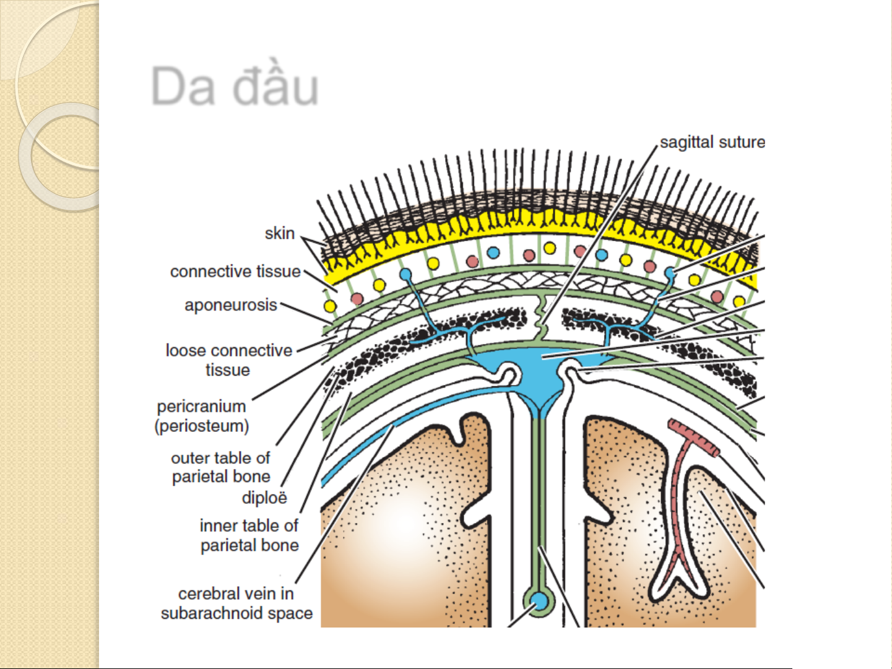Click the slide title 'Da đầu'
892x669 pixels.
tap(235, 87)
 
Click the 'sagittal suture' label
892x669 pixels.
tap(712, 142)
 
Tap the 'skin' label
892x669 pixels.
tap(280, 233)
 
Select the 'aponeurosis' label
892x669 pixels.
tap(230, 305)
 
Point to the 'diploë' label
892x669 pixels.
tap(264, 498)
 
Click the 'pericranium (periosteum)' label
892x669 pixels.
tap(202, 417)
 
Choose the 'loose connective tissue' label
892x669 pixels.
tap(229, 360)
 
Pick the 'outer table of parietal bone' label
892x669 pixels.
tap(220, 467)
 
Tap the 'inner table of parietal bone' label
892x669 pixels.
tap(249, 535)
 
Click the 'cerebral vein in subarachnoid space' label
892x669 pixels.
tap(236, 603)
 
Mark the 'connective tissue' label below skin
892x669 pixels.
tap(235, 271)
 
